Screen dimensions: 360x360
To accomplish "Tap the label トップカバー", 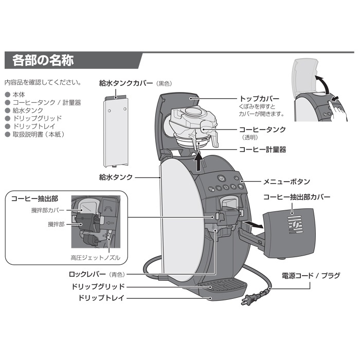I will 259,98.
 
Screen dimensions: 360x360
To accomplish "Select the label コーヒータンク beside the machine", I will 262,130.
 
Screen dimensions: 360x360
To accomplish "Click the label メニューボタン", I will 286,181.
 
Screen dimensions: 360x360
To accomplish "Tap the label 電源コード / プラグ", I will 311,276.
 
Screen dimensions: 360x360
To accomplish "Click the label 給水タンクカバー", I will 126,82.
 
